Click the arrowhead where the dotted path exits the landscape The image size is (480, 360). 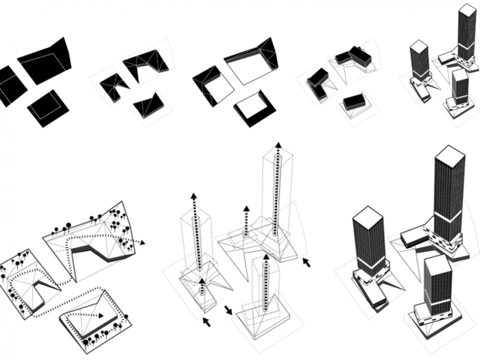pyautogui.click(x=142, y=242)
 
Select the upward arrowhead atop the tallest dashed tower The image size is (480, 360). pyautogui.click(x=278, y=145)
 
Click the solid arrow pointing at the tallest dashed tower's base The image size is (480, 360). pyautogui.click(x=307, y=262)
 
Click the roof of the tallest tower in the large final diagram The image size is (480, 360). pyautogui.click(x=449, y=156)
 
